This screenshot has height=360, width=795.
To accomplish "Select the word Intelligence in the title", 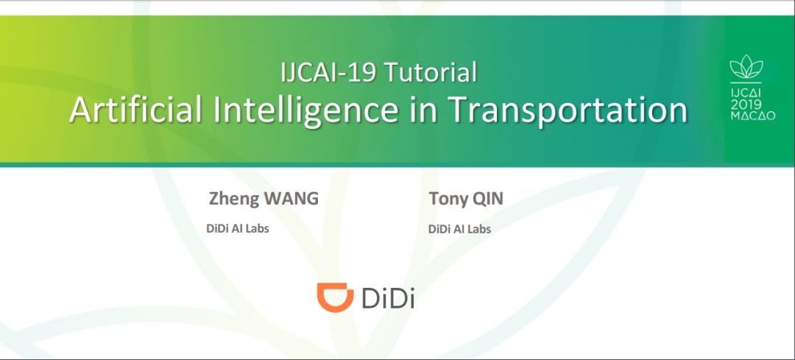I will (x=299, y=110).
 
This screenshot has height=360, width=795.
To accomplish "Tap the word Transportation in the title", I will (x=568, y=110).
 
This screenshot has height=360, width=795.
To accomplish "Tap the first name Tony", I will (x=448, y=199).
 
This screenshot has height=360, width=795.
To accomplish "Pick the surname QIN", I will (x=489, y=199).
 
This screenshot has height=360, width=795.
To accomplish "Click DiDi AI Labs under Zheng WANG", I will (x=238, y=228).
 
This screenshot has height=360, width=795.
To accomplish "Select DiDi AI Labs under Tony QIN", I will (x=459, y=229).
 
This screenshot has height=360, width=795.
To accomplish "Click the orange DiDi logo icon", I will (x=336, y=297).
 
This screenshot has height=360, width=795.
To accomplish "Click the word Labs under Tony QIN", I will (x=478, y=229).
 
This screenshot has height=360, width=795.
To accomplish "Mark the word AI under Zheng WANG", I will (x=239, y=228).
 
